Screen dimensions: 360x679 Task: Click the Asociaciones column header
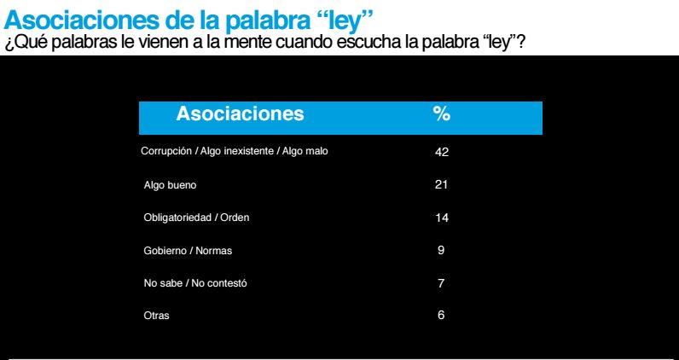(239, 113)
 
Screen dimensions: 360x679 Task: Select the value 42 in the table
(441, 151)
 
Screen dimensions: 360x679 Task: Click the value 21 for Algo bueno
(441, 184)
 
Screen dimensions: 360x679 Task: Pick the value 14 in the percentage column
(441, 218)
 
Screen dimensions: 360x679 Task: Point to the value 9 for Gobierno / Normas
(441, 250)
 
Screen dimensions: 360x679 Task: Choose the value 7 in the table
(441, 283)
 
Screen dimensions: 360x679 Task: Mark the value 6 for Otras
(441, 316)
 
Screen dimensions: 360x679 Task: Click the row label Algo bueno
(171, 184)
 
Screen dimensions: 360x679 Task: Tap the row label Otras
(156, 316)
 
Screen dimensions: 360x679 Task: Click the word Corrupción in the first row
(166, 151)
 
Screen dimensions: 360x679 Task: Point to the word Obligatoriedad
(179, 218)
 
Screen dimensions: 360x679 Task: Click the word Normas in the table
(213, 250)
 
